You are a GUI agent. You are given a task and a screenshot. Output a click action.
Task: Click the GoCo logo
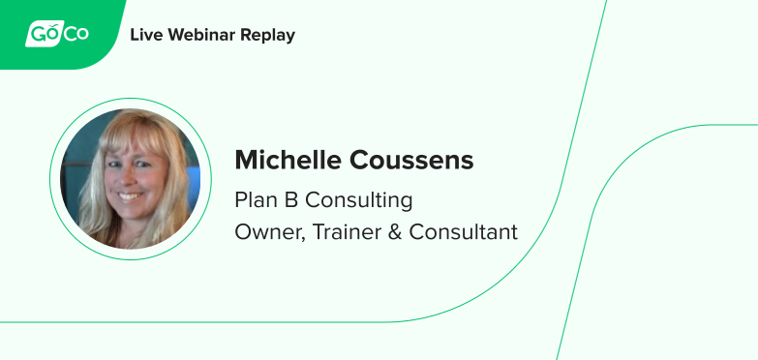57,35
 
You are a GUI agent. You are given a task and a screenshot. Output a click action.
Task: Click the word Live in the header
145,35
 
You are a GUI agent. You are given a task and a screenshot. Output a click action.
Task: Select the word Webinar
201,35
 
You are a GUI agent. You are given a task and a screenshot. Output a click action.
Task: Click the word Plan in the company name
253,200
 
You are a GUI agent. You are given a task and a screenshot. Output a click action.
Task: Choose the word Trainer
345,232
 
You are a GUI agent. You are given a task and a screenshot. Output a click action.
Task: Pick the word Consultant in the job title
463,232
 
